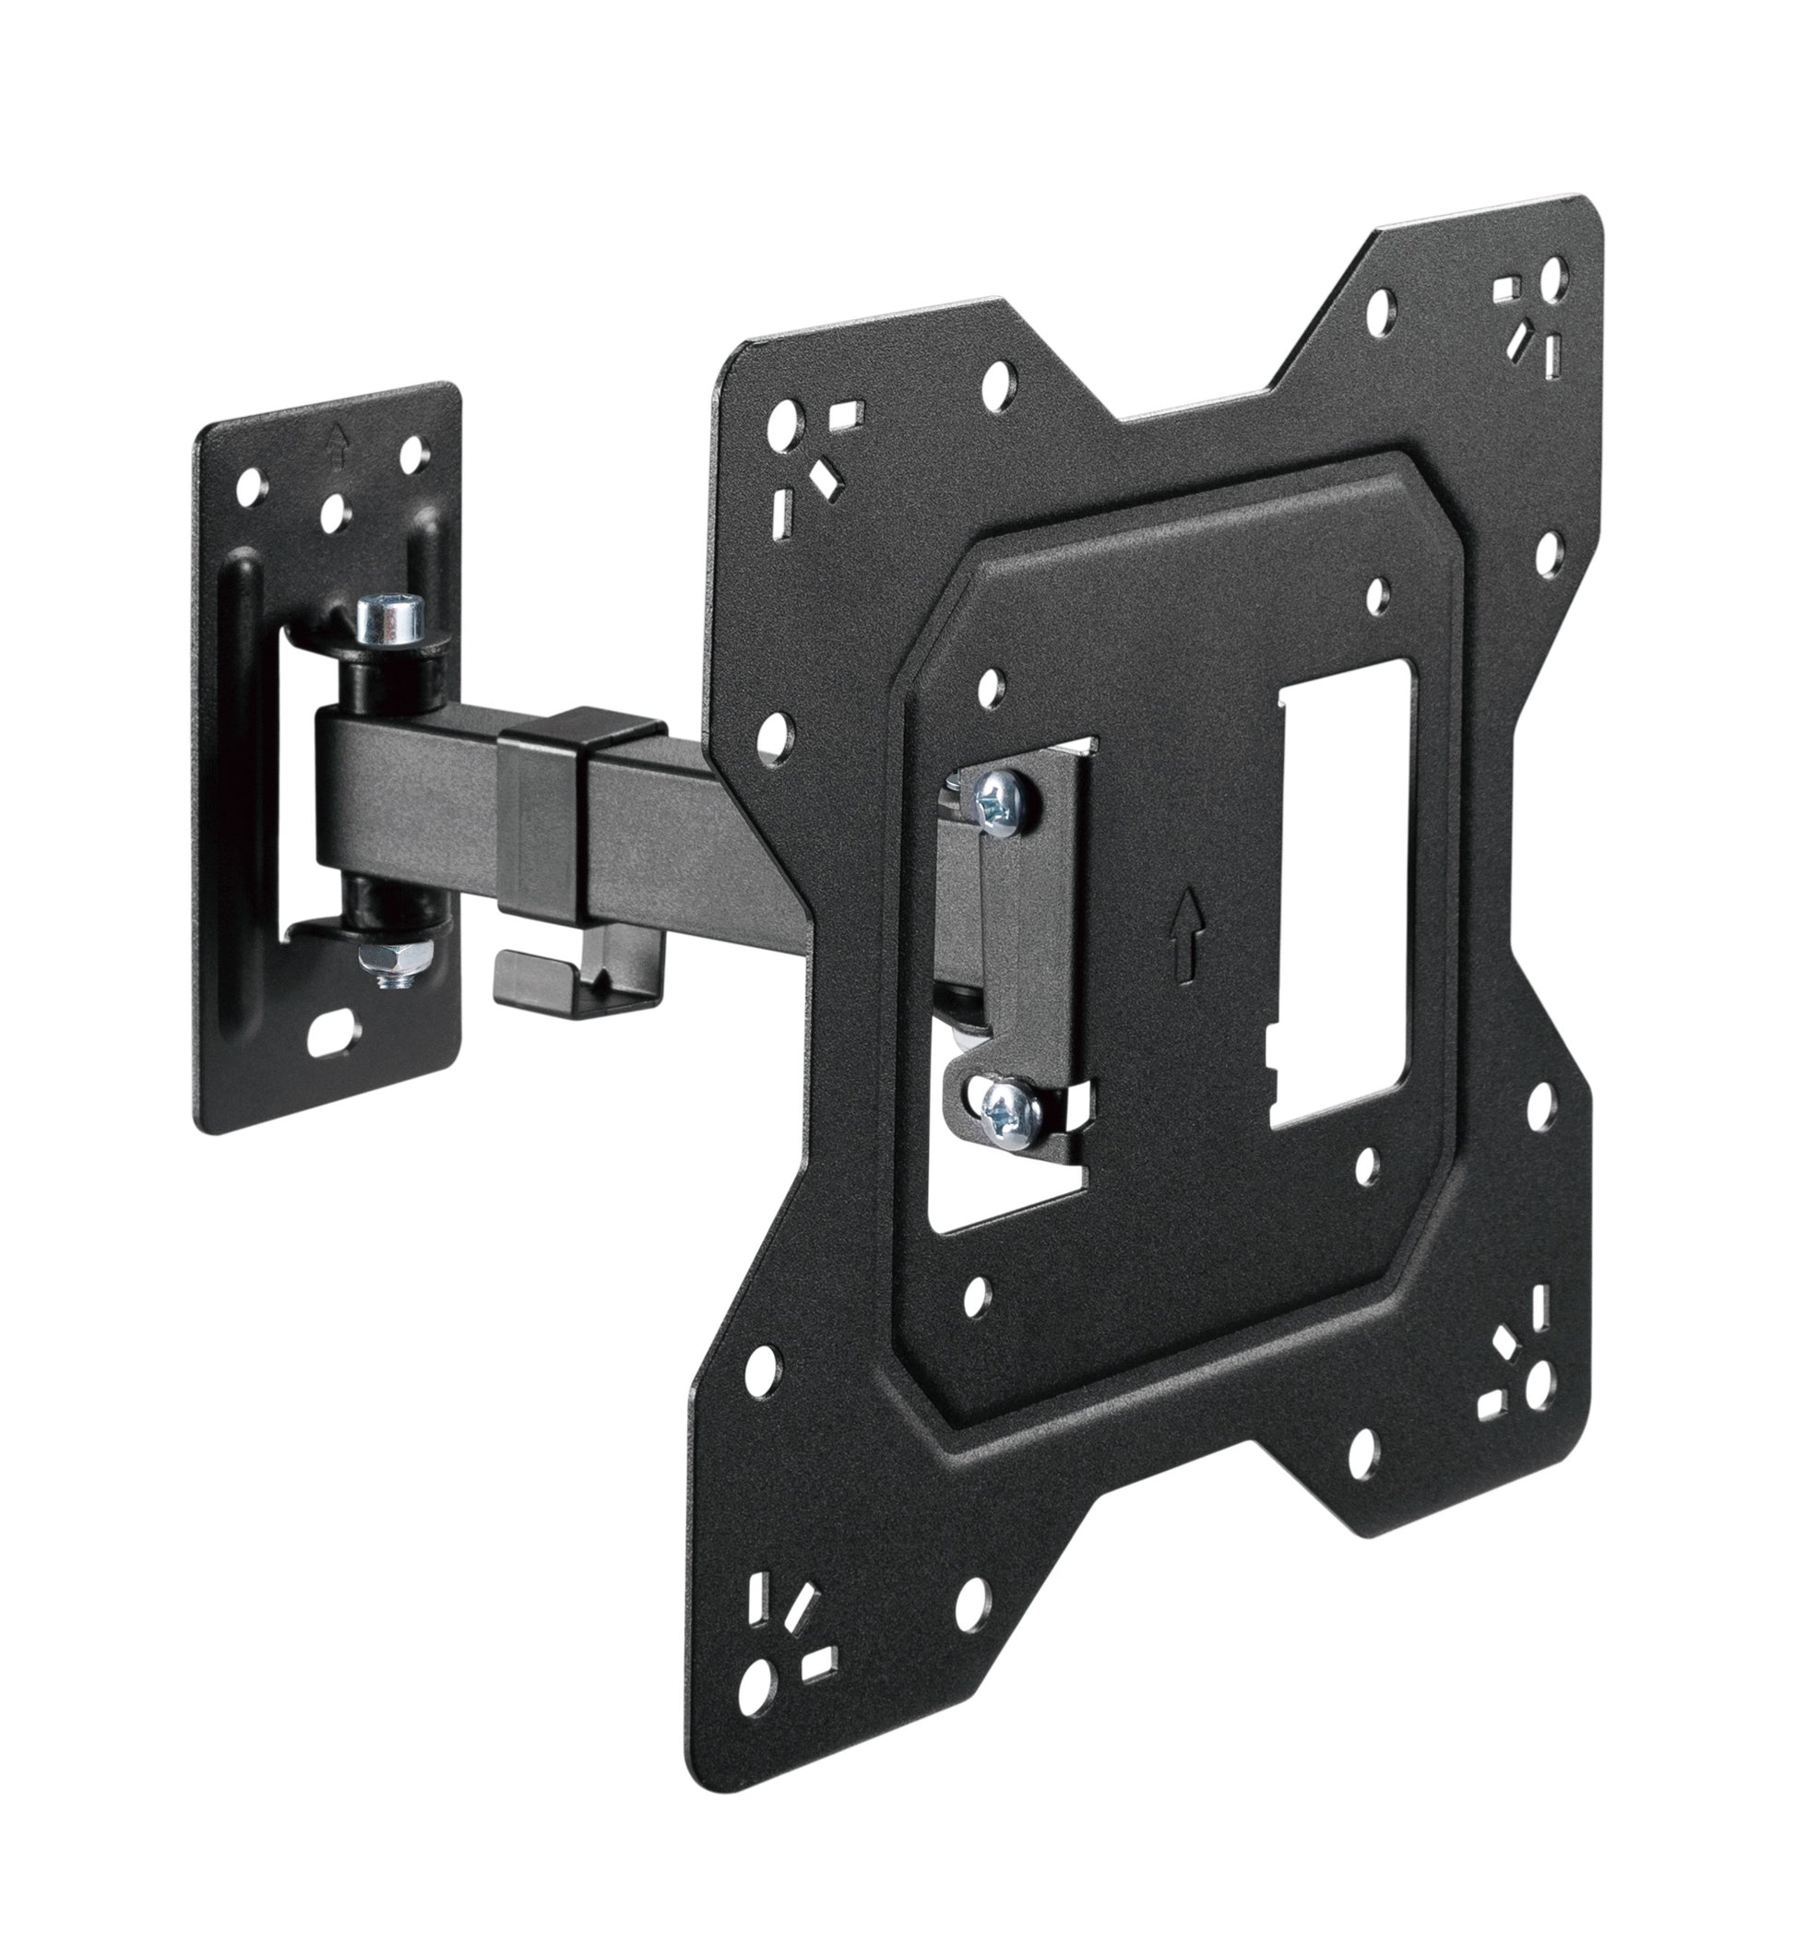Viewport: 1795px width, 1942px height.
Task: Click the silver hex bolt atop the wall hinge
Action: pos(390,622)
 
